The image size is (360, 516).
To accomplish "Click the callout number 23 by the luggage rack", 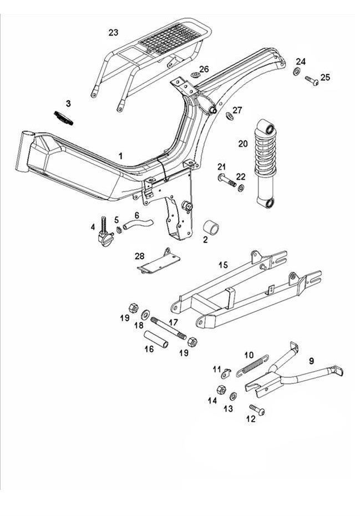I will point(113,33).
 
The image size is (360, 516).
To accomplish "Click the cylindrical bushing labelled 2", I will point(210,229).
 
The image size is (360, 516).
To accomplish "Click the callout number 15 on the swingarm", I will point(222,265).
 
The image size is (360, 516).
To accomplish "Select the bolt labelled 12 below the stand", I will point(257,411).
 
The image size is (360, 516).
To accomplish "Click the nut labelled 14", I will point(220,391).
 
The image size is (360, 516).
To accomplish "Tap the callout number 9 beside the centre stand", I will point(311,361).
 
